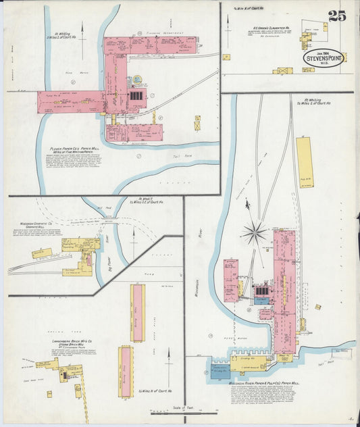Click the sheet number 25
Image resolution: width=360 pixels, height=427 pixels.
[337, 16]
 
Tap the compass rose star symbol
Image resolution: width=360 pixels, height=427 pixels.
[255, 233]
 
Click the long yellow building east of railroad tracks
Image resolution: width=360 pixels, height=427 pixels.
[305, 162]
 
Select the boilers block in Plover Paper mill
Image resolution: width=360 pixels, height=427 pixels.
[136, 96]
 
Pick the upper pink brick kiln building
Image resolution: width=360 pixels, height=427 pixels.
[137, 312]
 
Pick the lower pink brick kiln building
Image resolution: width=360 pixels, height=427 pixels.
[126, 371]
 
